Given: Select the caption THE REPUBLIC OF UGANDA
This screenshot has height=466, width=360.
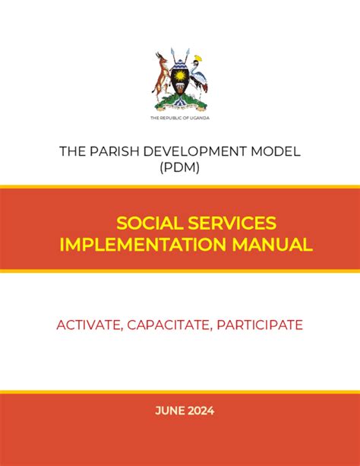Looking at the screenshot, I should pos(180,119).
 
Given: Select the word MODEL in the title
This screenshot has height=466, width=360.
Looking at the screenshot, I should pos(278,151).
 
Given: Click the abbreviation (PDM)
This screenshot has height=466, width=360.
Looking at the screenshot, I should pos(180,168).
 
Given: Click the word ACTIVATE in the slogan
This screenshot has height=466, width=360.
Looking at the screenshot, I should pos(88,325).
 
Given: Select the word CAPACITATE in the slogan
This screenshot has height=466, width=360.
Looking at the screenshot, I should pos(169,325).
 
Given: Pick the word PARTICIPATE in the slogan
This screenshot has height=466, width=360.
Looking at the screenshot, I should pos(260,325).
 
